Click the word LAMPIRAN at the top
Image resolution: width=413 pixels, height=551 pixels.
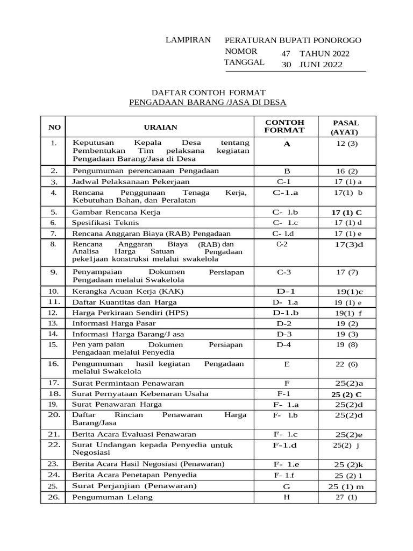point(188,40)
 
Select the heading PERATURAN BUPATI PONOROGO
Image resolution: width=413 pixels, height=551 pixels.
point(293,40)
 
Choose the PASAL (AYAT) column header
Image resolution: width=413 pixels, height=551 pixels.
point(346,127)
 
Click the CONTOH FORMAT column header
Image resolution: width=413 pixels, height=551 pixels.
point(284,126)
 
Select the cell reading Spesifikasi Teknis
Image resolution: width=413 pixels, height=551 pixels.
point(105,222)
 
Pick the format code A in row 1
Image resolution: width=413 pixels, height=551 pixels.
point(287,144)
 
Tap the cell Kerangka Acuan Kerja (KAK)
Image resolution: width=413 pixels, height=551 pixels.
point(128,291)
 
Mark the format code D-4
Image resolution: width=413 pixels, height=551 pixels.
point(283,344)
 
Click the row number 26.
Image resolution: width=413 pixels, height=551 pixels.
point(53,497)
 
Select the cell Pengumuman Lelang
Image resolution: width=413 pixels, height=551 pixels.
point(112,497)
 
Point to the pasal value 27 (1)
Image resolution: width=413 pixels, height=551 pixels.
point(346,497)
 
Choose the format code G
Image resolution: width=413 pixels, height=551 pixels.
point(286,486)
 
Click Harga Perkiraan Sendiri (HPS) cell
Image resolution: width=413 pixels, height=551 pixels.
point(131,313)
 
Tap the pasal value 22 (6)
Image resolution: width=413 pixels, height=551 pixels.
point(347,364)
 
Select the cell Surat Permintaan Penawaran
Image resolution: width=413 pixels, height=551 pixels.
point(128,383)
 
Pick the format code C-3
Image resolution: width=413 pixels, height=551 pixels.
point(284,272)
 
